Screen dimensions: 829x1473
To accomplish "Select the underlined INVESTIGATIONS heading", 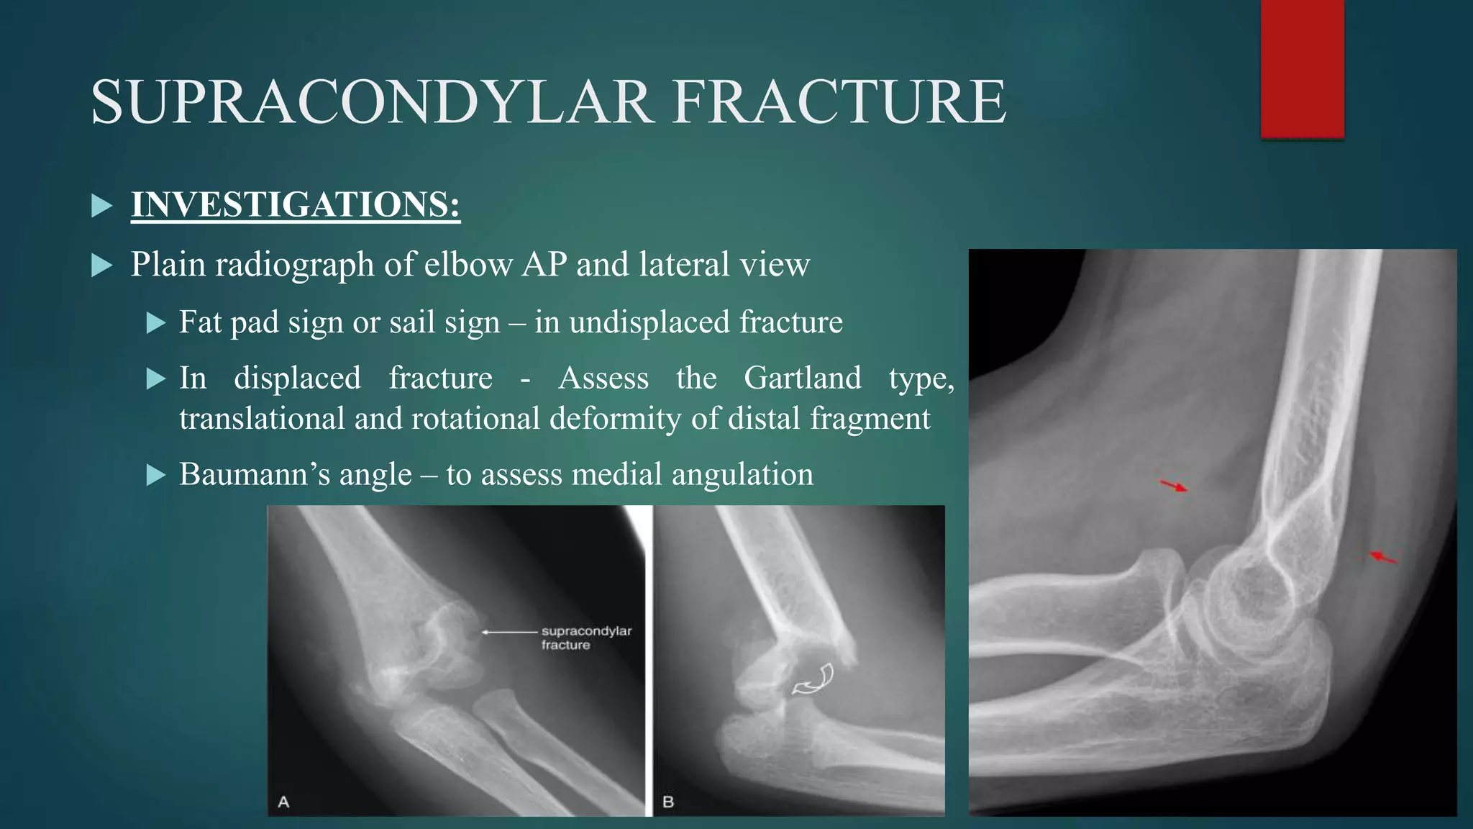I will coord(295,205).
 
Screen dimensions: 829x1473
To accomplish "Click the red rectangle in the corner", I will coord(1302,68).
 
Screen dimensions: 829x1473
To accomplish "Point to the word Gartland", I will coord(802,378).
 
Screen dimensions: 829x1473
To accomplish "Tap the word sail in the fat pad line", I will coord(411,322).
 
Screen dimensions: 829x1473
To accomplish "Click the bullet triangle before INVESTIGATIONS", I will coord(102,207).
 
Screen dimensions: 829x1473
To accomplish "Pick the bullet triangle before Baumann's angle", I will coord(155,475).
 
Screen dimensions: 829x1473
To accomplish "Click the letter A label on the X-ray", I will coord(283,801).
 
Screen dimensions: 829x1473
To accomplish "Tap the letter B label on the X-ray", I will coord(668,801).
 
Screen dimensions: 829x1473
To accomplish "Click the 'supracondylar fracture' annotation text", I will coord(585,638).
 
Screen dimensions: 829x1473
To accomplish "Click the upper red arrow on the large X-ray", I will coord(1174,486).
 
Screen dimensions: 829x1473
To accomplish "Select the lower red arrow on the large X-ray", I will coord(1382,557).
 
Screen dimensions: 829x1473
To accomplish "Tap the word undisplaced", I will coord(650,322).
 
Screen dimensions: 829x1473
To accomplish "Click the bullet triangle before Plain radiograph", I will coord(102,266).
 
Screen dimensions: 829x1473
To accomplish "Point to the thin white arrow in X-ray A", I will coord(509,632).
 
